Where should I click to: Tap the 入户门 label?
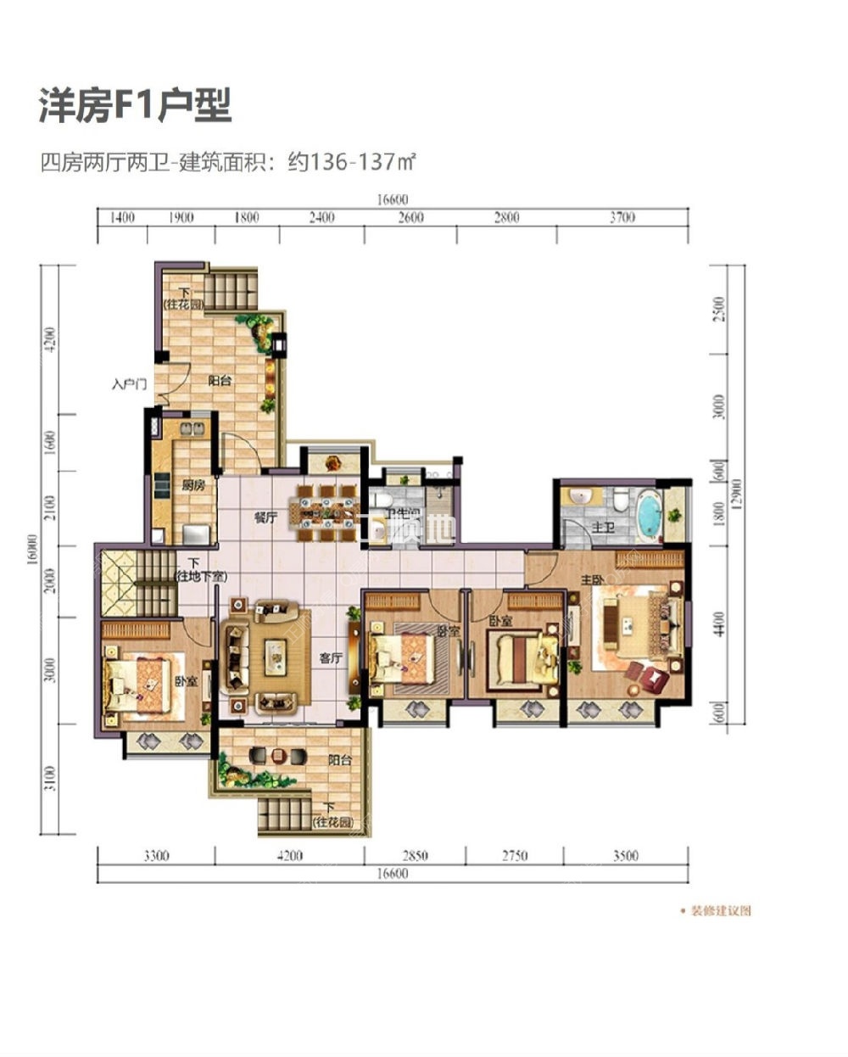130,384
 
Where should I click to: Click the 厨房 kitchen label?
193,486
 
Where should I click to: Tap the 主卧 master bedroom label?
591,580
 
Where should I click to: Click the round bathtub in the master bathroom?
650,513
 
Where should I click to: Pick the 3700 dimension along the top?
622,218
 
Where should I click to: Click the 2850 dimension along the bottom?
415,856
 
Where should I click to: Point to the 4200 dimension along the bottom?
289,856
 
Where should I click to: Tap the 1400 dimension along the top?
122,218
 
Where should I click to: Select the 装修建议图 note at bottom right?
721,911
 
